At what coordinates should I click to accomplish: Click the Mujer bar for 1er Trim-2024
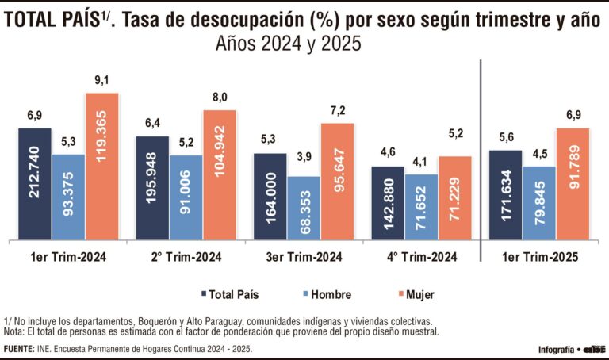click(x=101, y=167)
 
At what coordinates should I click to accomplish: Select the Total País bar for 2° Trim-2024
click(x=152, y=188)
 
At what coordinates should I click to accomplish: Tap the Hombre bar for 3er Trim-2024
click(x=304, y=208)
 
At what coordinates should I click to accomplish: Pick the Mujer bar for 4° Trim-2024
click(x=454, y=198)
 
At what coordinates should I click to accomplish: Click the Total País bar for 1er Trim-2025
click(x=506, y=195)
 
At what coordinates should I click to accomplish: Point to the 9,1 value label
click(x=101, y=80)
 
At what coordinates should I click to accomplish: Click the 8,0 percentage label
click(x=219, y=98)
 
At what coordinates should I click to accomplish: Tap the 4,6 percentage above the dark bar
click(x=389, y=152)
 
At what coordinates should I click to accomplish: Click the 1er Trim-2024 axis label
click(x=67, y=258)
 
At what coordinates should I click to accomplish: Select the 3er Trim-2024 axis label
click(x=304, y=258)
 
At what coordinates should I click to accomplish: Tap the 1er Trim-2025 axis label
click(x=540, y=258)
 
